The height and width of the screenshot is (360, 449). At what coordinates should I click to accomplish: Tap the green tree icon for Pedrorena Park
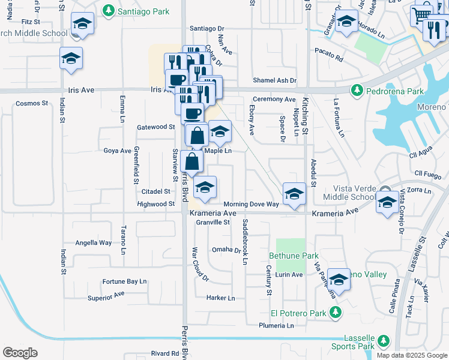tap(356, 90)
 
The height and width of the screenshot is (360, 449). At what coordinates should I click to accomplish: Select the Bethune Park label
tap(293, 256)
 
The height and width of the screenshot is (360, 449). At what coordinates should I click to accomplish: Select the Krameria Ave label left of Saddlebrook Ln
tap(213, 213)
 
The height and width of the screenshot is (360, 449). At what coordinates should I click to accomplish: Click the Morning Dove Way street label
tap(251, 205)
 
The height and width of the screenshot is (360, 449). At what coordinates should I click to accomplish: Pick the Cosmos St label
tap(32, 103)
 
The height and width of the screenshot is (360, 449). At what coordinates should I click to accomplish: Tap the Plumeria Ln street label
tap(276, 326)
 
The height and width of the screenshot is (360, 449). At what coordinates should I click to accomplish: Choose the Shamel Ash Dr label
tap(274, 80)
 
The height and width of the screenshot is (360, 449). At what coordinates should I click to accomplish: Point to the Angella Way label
tap(93, 243)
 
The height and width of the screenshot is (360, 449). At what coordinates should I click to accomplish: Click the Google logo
tap(20, 353)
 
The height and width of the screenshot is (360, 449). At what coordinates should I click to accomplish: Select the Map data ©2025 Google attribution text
tap(411, 355)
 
